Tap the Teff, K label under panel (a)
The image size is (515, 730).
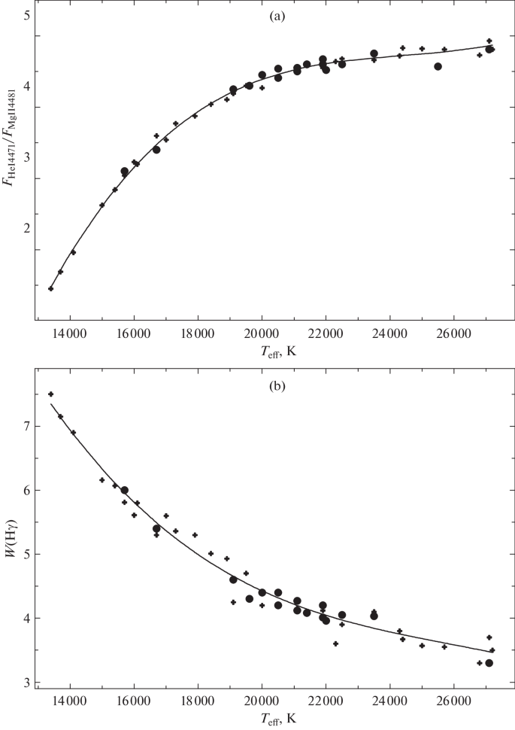[274, 350]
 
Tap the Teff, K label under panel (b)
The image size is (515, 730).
[274, 720]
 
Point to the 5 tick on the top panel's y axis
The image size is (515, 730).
[26, 15]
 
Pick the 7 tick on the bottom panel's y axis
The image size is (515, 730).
[26, 426]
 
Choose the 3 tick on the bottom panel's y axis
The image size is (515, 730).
[26, 683]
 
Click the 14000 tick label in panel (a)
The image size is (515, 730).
[69, 333]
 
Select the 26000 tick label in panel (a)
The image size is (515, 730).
[454, 333]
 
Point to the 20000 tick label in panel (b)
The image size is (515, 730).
[262, 703]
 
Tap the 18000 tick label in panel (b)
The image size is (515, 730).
[198, 703]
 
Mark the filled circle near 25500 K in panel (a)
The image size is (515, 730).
[438, 66]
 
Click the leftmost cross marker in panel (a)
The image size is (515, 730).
[50, 288]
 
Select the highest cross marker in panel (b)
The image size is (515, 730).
[50, 394]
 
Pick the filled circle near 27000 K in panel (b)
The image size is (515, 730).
[489, 663]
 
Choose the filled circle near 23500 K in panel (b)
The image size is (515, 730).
[374, 616]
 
